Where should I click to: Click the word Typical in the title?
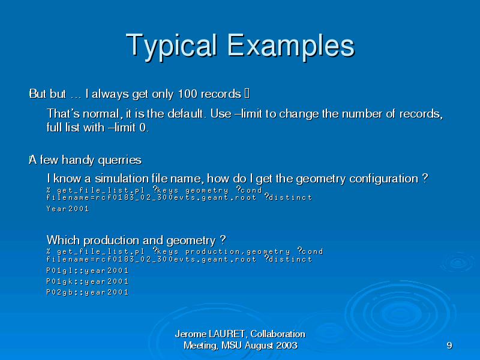tap(172, 46)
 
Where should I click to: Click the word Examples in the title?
tap(291, 46)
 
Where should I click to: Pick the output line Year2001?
tap(68, 209)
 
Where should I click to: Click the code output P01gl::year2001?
tap(87, 271)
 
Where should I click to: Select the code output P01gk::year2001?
tap(87, 281)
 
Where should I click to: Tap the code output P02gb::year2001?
tap(87, 292)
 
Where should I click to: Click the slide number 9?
tap(449, 346)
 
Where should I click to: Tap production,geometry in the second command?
tap(238, 251)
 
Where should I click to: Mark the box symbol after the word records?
tap(247, 94)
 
